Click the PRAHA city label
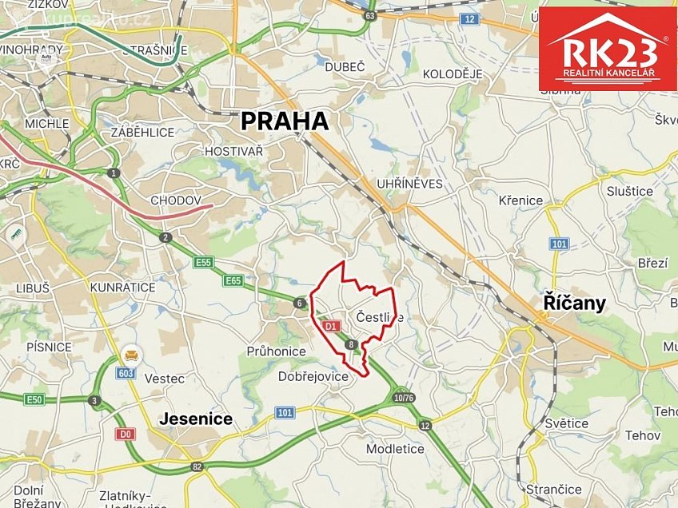coord(285,121)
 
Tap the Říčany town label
coord(574,303)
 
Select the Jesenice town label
coord(196,419)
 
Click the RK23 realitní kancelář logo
coord(608,49)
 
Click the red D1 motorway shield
coord(332,326)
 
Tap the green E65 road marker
coord(233,280)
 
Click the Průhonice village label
coord(276,351)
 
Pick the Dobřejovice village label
coord(314,375)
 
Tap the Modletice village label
coord(395,448)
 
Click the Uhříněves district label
coord(409,184)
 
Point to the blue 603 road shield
coord(125,372)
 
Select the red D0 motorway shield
coord(124,434)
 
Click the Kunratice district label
coord(122,286)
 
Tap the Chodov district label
coord(176,200)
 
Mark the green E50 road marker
coord(34,399)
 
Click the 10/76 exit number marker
coord(405,397)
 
